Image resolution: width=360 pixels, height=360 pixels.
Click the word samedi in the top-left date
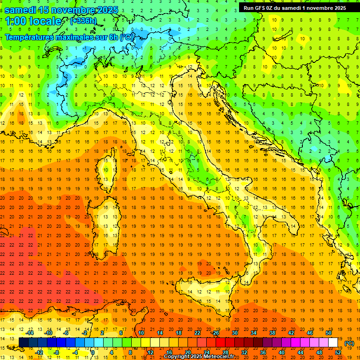point(22,10)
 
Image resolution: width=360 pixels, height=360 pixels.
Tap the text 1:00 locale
point(33,21)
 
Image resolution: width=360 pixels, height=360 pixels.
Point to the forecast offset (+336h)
point(83,21)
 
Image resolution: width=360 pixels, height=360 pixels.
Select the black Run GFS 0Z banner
point(295,7)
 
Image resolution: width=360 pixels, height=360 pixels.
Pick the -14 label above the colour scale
point(30,333)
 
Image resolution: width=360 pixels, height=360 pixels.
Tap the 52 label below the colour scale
point(337,352)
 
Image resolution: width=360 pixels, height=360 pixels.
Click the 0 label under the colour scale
point(93,352)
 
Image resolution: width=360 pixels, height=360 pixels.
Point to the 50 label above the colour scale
point(328,333)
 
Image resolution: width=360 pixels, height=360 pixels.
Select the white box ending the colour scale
point(333,343)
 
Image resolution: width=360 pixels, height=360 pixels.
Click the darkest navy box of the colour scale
point(23,343)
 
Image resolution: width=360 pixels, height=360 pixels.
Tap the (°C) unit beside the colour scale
point(349,343)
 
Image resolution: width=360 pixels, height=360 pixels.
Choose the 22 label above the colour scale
point(197,333)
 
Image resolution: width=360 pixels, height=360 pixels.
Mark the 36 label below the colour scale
point(262,352)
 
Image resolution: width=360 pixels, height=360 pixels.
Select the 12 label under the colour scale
point(150,352)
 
